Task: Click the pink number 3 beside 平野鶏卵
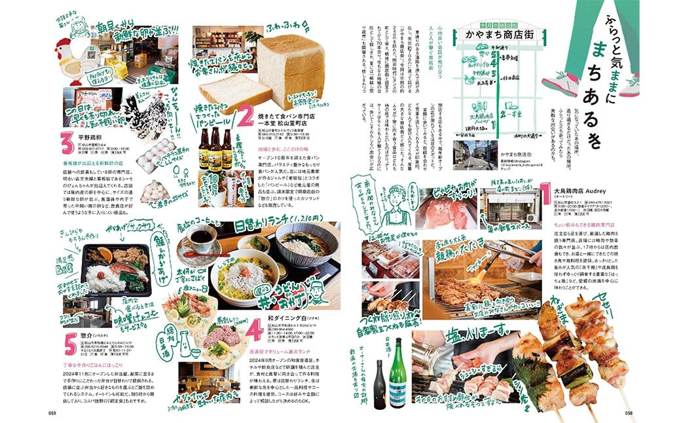(65, 141)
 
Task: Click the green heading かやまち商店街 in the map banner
(492, 33)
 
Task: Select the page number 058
(629, 413)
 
